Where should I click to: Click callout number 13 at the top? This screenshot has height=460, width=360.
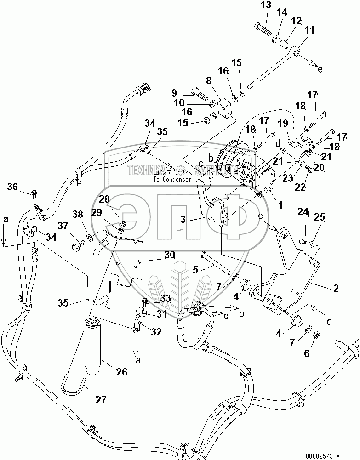tap(267, 6)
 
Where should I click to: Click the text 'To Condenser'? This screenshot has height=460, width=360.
tap(172, 179)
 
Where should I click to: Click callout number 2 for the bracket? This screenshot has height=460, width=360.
tap(336, 288)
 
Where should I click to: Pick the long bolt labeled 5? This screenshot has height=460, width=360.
tap(216, 261)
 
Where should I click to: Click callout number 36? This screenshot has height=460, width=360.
tap(12, 186)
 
